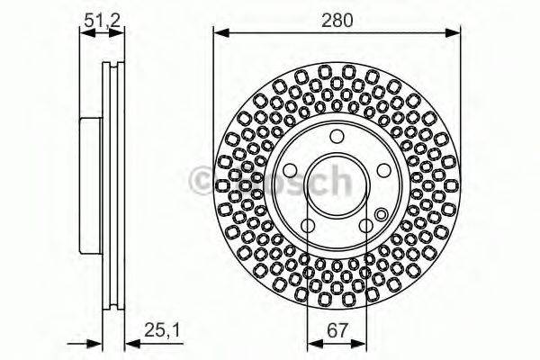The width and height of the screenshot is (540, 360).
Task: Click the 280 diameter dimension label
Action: point(337,17)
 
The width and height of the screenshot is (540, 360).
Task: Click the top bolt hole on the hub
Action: point(337,136)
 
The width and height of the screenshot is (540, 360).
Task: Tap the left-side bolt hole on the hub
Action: point(290,170)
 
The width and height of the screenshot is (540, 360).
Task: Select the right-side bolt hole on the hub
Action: point(383,170)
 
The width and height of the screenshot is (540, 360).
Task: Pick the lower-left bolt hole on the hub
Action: point(307,225)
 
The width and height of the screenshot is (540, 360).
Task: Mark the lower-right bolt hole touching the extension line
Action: point(366,225)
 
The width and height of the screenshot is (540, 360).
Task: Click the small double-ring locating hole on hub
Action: point(381,214)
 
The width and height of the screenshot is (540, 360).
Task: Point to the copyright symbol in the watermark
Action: point(202,181)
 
